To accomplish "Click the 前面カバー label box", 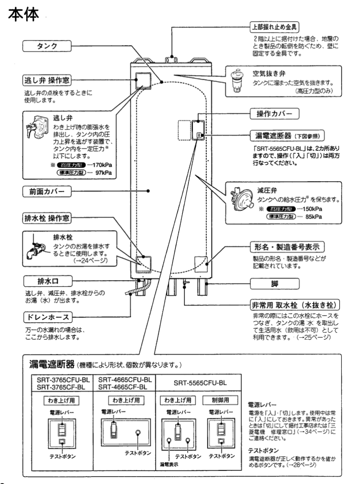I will (x=46, y=191).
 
